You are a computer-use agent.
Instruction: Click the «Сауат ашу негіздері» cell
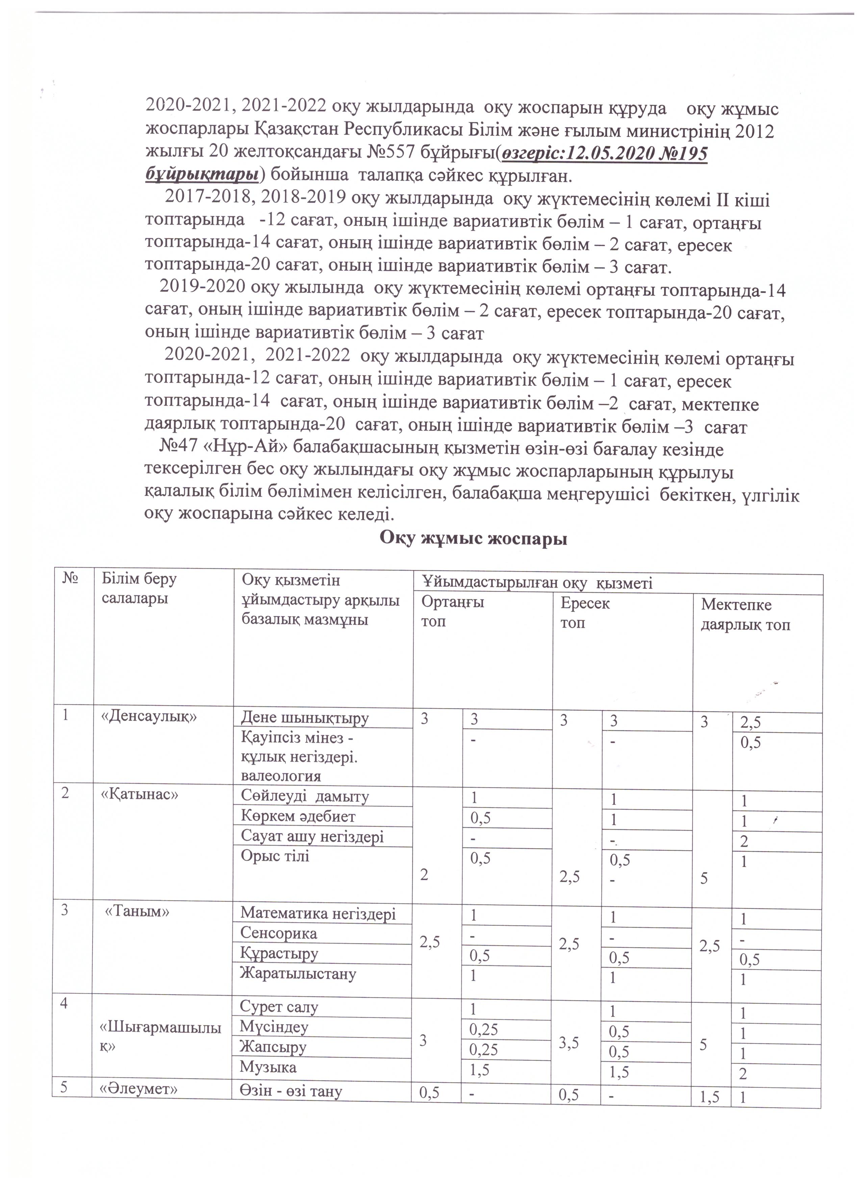[x=312, y=837]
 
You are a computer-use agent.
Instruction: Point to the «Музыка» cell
[x=268, y=1066]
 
